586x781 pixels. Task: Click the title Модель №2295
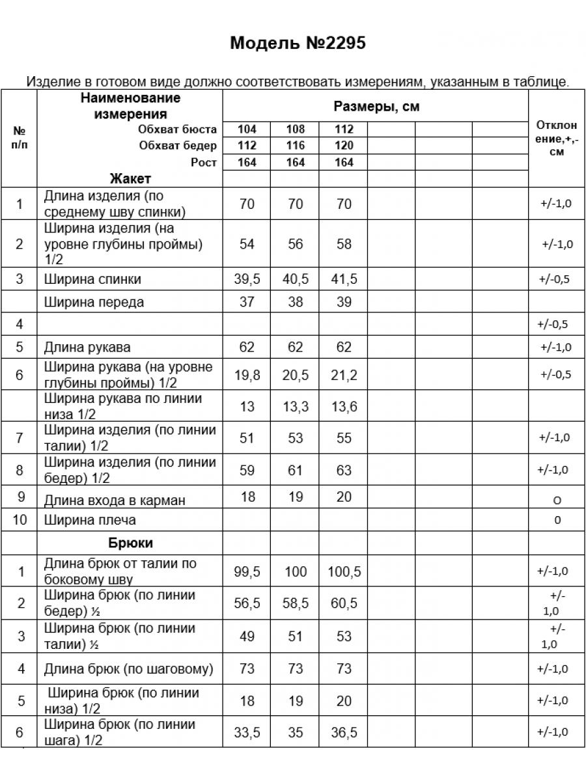298,44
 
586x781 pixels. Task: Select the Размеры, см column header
376,107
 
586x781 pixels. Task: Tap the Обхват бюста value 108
296,129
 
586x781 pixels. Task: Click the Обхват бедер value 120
344,146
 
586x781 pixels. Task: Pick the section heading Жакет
130,179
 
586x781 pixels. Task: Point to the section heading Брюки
130,543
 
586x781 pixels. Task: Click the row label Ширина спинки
92,280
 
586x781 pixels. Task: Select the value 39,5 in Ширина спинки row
247,280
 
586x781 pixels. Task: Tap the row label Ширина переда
94,302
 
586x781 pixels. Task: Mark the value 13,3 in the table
296,407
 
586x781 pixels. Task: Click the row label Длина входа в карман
115,500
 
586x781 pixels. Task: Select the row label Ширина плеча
90,521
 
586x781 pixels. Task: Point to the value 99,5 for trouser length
247,571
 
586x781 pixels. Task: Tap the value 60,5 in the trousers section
344,603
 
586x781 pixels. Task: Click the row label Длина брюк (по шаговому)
128,669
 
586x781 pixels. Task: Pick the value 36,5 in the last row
344,733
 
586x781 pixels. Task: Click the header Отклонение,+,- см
557,139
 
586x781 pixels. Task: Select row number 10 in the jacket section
20,521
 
